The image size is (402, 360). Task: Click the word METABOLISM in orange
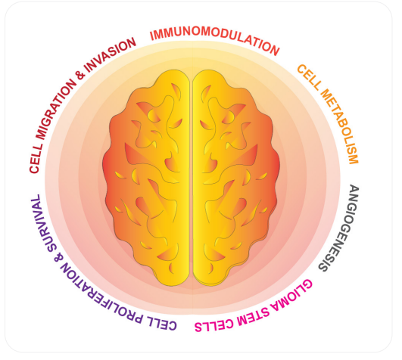(x=339, y=126)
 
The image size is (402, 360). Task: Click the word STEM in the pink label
(x=253, y=317)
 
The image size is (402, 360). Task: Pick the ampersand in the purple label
(x=58, y=258)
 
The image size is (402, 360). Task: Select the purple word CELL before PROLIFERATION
(x=161, y=324)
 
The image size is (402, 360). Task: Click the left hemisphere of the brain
(x=146, y=177)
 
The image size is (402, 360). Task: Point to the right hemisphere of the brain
(x=236, y=177)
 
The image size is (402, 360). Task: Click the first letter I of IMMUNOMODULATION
(x=152, y=36)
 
